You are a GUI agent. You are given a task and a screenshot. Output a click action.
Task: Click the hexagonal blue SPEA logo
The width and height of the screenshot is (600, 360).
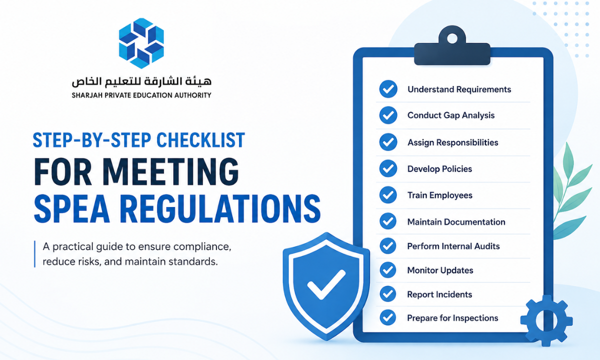point(141,43)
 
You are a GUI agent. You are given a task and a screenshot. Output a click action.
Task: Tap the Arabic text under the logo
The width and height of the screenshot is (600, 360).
point(141,81)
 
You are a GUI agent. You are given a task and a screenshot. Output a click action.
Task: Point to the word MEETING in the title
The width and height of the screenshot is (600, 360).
point(170,171)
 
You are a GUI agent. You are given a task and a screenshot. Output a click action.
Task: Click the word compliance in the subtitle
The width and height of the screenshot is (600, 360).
point(202,247)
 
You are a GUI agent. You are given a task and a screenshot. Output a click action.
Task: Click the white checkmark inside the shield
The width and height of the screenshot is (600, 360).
point(326,284)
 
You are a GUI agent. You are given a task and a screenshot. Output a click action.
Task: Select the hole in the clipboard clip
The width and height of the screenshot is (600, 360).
point(452,38)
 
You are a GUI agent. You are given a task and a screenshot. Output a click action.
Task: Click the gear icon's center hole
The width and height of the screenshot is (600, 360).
point(546,320)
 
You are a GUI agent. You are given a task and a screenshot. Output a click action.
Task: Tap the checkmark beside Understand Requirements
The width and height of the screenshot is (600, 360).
point(388,89)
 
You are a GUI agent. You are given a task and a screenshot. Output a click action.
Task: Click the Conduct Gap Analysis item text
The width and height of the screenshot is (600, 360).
point(451,115)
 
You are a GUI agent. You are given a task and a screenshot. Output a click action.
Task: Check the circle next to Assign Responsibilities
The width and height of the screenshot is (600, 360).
point(388,142)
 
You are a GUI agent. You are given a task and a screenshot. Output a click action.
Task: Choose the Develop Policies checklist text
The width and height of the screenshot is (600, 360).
point(439,169)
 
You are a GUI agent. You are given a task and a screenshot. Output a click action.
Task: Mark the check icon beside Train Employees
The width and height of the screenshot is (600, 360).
point(388,194)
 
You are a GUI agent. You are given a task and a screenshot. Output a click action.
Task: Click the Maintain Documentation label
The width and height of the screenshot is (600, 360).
point(456,222)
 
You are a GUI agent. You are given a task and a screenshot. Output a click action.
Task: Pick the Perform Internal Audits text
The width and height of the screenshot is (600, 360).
point(453,246)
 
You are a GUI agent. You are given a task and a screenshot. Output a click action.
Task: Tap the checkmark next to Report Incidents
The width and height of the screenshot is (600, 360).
point(387,294)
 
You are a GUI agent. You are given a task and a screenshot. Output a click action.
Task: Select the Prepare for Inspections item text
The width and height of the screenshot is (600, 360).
point(452,318)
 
